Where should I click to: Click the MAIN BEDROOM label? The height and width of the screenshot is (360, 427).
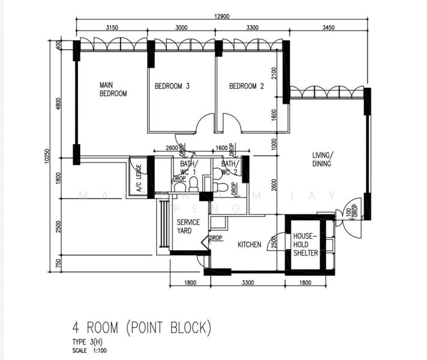(113, 89)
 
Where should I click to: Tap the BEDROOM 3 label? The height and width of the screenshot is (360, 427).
(172, 86)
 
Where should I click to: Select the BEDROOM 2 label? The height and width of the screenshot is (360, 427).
(246, 86)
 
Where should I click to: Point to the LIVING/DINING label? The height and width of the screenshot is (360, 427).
(321, 159)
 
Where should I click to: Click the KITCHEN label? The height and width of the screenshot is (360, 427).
(249, 245)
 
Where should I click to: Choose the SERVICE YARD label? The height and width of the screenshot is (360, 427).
(188, 227)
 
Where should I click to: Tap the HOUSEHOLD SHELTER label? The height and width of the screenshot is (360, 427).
(305, 244)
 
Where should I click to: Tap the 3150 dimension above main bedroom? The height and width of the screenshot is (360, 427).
(112, 28)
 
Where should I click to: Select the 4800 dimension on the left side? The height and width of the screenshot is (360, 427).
(58, 103)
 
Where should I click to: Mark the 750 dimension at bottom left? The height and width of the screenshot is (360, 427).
(58, 263)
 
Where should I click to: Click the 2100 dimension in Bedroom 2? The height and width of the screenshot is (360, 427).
(274, 73)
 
